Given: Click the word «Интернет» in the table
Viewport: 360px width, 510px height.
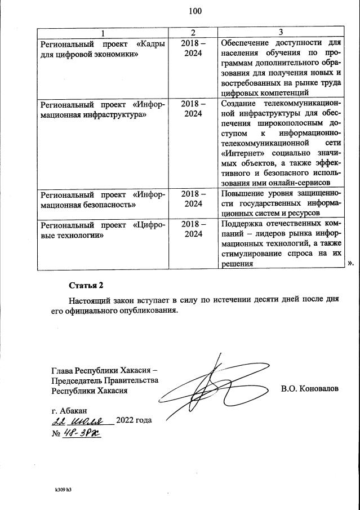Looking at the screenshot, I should click(x=237, y=153).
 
